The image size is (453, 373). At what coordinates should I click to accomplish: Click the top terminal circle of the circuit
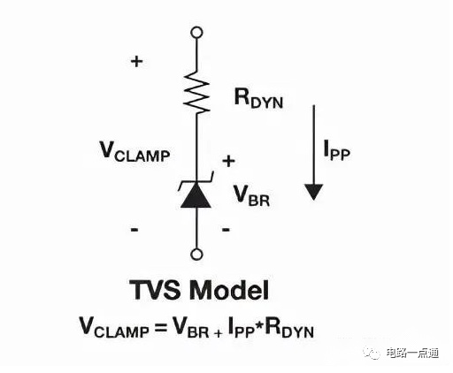point(196,32)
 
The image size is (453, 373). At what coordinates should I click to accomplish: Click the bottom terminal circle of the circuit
point(196,254)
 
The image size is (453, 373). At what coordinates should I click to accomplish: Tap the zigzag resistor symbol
point(196,92)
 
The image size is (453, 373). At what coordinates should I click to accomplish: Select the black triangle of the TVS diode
point(196,195)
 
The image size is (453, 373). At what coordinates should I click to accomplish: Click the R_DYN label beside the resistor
point(258,98)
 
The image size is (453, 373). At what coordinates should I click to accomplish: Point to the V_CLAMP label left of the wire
point(135,151)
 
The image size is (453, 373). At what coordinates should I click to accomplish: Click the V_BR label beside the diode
point(251,195)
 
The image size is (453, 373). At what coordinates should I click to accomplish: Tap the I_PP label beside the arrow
point(336,150)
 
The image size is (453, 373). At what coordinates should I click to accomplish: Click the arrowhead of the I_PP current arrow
point(314,192)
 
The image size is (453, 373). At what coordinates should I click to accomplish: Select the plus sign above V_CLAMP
point(136,62)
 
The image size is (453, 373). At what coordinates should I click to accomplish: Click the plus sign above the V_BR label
point(228,161)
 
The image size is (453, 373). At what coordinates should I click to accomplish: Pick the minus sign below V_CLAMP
point(134,229)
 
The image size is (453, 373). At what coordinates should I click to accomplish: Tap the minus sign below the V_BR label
point(226,229)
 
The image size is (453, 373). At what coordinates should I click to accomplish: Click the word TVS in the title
point(155,290)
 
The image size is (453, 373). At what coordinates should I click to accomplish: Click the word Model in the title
point(229,290)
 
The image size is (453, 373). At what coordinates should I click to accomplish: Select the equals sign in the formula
point(161,327)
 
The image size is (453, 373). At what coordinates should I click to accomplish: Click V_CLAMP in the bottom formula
point(114,327)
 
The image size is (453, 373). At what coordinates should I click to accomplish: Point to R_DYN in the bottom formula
point(289,327)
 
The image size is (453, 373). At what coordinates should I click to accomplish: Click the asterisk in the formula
point(259,323)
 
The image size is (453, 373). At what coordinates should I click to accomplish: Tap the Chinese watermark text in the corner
point(412,353)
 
